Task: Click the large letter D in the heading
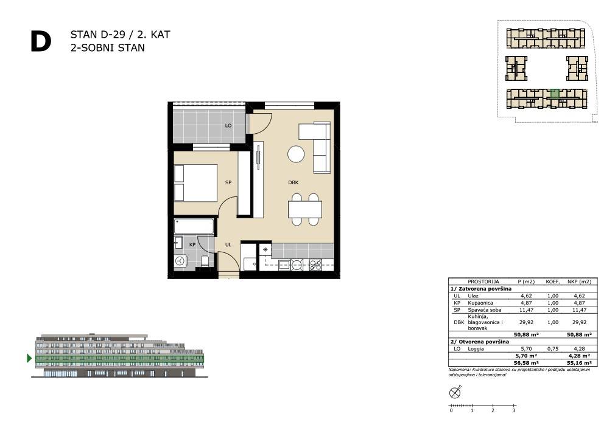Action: click(x=41, y=42)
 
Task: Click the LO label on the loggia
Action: click(x=228, y=126)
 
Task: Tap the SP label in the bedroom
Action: click(x=228, y=182)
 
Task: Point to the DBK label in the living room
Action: click(x=293, y=182)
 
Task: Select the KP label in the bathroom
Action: click(x=192, y=245)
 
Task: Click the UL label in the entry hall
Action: click(x=228, y=245)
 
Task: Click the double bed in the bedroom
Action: click(x=195, y=183)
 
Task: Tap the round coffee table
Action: click(x=296, y=154)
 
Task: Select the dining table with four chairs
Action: click(x=305, y=209)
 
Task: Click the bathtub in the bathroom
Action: click(x=194, y=226)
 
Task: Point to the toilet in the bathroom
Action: click(x=205, y=261)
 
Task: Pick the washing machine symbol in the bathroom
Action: click(x=180, y=261)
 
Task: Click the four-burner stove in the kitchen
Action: click(x=316, y=265)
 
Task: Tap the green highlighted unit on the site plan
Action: click(x=555, y=93)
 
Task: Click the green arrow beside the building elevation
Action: click(x=29, y=358)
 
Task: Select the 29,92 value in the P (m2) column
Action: click(x=526, y=322)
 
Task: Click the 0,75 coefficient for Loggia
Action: click(x=552, y=348)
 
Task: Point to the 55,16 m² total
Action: click(x=579, y=363)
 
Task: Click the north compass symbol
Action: click(x=455, y=392)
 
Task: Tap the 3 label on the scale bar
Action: click(x=513, y=410)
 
